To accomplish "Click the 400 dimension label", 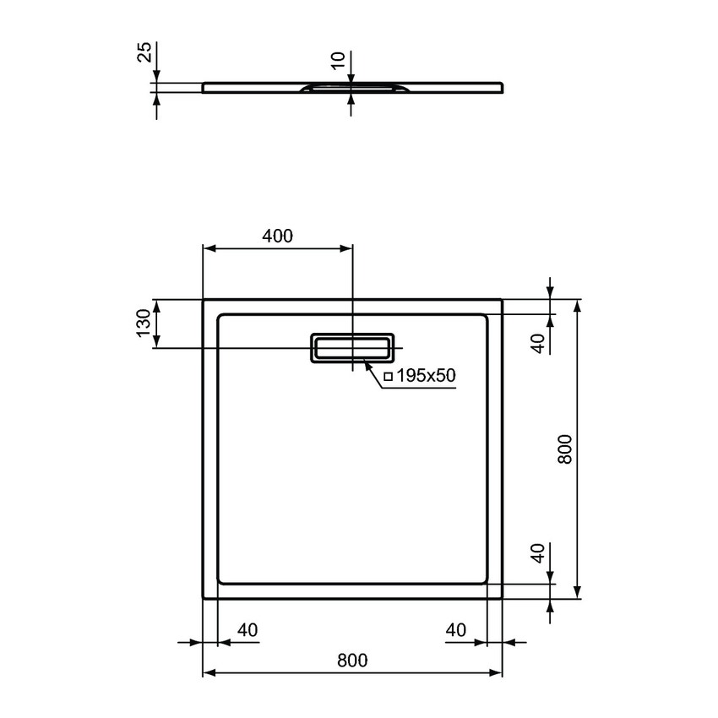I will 277,237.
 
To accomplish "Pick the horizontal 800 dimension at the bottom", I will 352,661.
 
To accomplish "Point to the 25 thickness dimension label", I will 145,52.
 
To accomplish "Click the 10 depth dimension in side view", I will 339,61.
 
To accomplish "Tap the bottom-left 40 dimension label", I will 247,630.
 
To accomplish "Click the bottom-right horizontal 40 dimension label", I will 456,630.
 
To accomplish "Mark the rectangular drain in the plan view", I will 353,347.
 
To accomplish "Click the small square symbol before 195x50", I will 389,377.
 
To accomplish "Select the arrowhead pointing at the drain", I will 367,363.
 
